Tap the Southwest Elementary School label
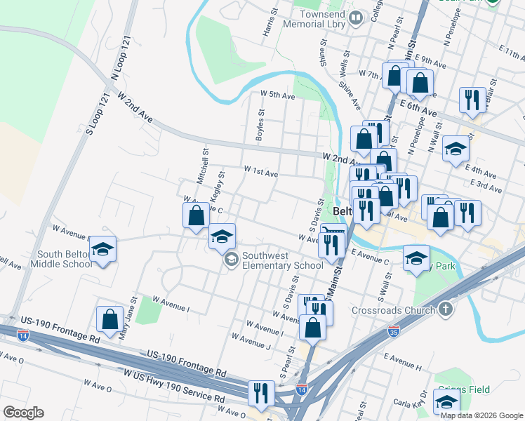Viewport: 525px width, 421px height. coord(282,260)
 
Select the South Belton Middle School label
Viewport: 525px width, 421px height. coord(61,259)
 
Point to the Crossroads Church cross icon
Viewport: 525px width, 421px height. coord(446,309)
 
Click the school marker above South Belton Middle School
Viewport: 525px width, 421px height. coord(102,248)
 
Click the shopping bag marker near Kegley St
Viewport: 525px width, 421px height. coord(197,215)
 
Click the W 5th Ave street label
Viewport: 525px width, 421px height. coord(277,95)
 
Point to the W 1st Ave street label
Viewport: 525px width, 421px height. coord(261,171)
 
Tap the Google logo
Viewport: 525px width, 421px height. coord(23,413)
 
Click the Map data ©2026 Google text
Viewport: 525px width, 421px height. coord(481,415)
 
